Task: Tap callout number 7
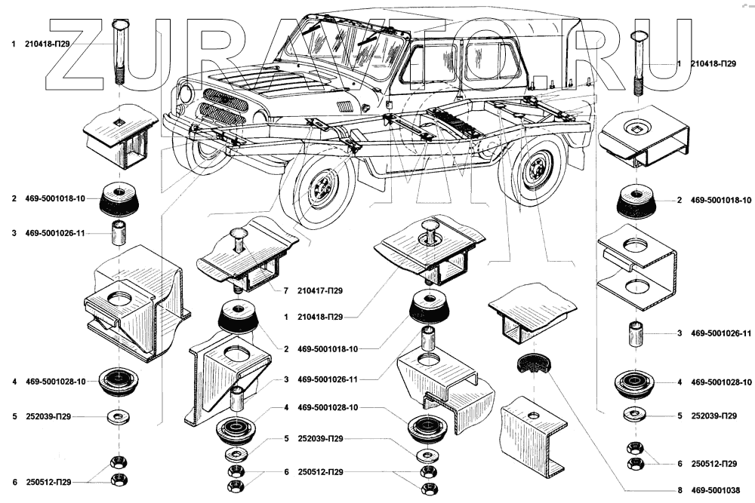click(x=287, y=290)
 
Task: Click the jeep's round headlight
click(x=185, y=95)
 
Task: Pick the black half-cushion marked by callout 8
click(x=535, y=364)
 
